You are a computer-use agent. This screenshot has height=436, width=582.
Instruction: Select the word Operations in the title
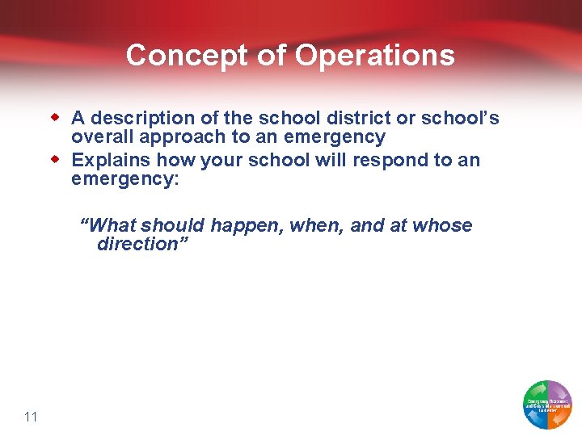(x=374, y=56)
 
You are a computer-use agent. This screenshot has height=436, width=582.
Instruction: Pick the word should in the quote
(x=173, y=225)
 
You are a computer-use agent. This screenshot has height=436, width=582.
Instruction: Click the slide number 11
(x=32, y=417)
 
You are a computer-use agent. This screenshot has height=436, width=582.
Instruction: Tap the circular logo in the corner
(x=547, y=404)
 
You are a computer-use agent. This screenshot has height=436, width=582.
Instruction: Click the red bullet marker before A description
(x=57, y=118)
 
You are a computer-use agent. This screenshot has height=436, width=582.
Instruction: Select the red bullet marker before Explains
(x=57, y=159)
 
